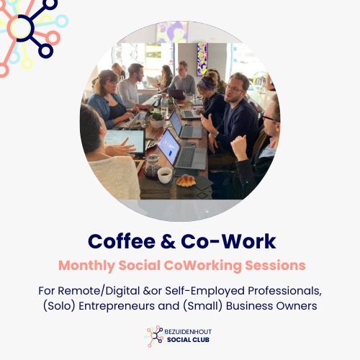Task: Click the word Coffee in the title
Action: coord(118,240)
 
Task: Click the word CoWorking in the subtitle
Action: coord(205,265)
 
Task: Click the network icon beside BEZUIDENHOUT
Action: coord(153,336)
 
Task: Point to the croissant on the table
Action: coord(186,181)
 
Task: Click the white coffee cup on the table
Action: coord(165,175)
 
